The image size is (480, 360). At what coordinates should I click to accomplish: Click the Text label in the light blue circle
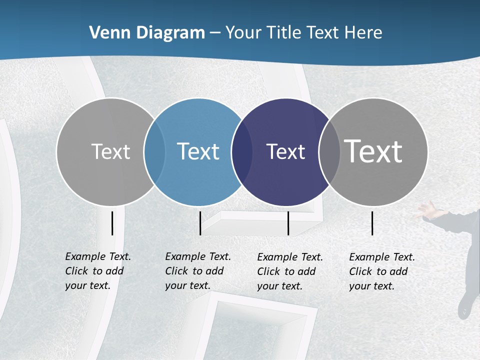pos(198,151)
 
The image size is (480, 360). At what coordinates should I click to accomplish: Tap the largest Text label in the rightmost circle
pos(373,151)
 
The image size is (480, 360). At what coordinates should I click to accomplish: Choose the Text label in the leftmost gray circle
pos(110,151)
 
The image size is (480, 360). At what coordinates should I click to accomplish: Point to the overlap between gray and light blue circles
pos(154,152)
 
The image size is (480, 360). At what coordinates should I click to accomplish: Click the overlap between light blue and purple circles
pos(242,152)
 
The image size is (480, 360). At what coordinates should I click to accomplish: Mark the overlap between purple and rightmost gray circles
pos(329,152)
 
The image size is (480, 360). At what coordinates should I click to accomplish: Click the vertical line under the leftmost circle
pos(112,223)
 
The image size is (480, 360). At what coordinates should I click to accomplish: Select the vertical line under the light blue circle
pos(200,223)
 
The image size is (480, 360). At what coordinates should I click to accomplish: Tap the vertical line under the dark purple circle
pos(288,223)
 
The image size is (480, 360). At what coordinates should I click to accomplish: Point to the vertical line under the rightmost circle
pos(372,223)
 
